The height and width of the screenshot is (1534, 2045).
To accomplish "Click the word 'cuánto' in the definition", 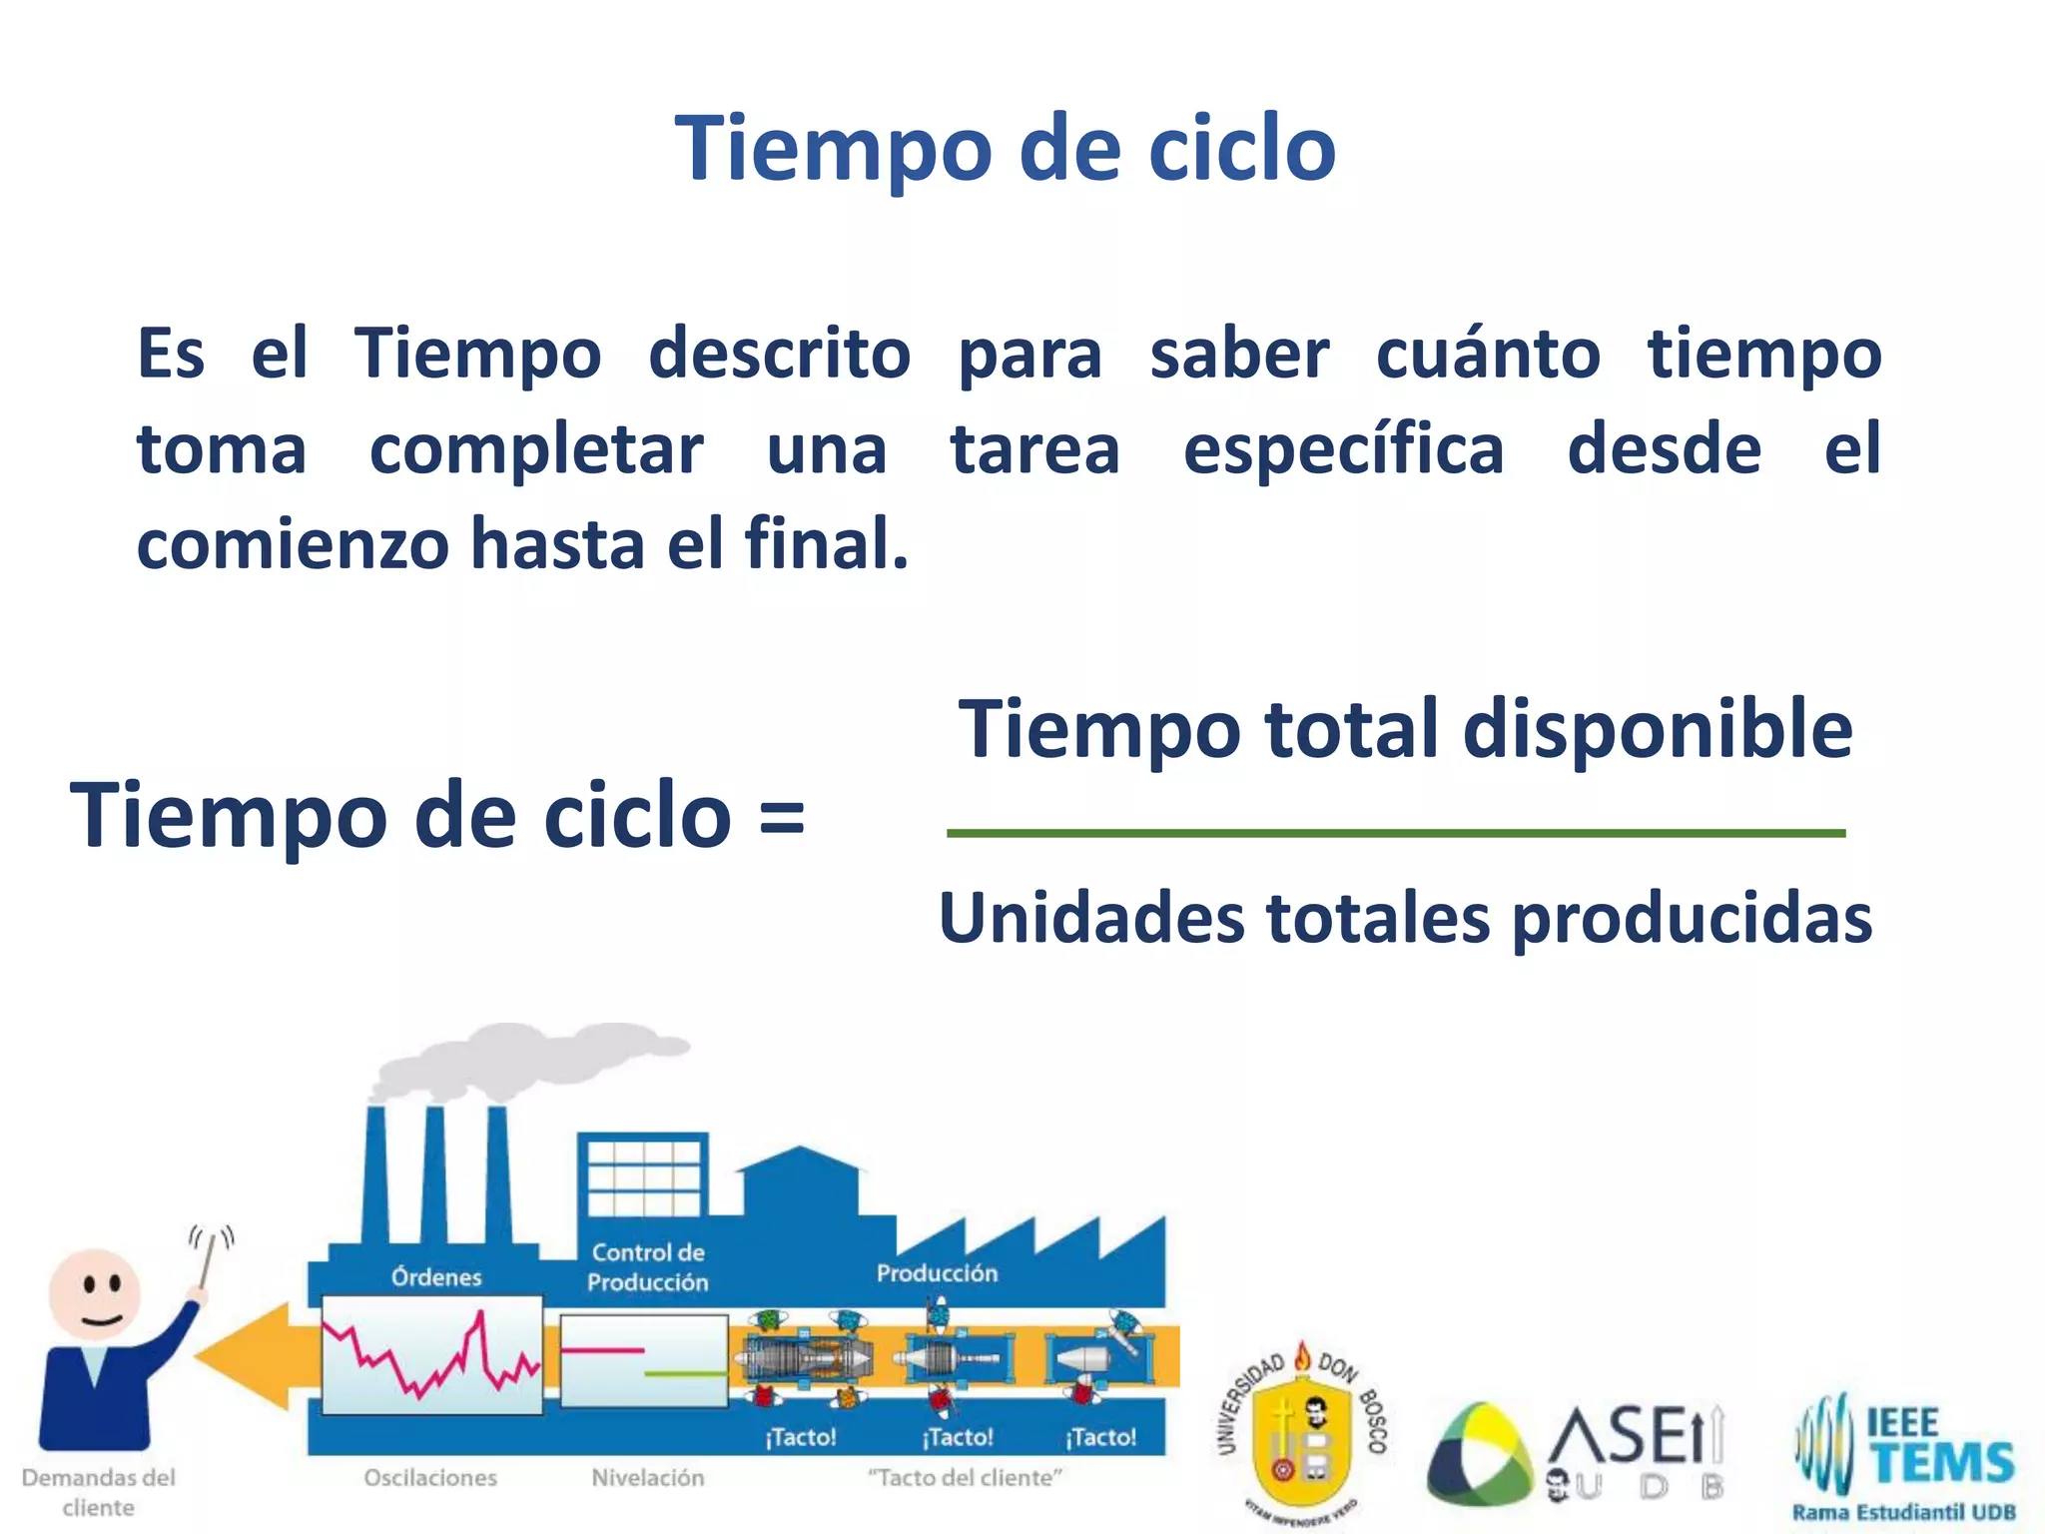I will pos(1488,355).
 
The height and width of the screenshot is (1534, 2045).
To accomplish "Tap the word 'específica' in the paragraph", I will pos(1343,450).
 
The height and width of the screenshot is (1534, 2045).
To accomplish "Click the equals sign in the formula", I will pos(781,817).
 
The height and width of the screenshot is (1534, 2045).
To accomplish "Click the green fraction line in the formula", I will pos(1395,832).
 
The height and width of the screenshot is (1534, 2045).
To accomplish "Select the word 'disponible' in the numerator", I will pos(1658,729).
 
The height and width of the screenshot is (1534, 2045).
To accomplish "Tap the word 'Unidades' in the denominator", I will pos(1091,918).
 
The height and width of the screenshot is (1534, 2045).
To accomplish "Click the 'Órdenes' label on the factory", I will pos(435,1276).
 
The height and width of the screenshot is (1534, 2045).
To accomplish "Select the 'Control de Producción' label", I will pos(647,1266).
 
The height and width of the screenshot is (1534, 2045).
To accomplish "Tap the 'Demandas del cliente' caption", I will pos(98,1491).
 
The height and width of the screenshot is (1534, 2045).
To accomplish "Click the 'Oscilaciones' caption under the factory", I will pos(430,1477).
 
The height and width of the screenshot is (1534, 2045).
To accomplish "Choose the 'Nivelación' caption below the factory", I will pos(647,1477).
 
